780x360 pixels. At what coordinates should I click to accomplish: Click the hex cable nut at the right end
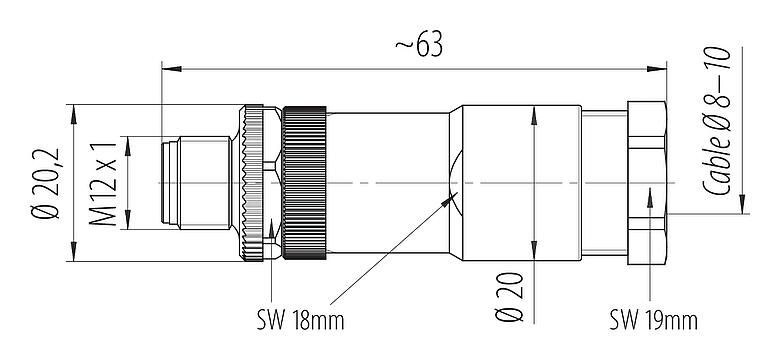[x=647, y=183]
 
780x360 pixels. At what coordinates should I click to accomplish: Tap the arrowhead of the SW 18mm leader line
[x=448, y=199]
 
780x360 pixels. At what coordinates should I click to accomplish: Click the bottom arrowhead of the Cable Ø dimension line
[x=742, y=208]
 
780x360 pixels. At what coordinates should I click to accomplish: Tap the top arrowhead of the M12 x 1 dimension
[x=127, y=140]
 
